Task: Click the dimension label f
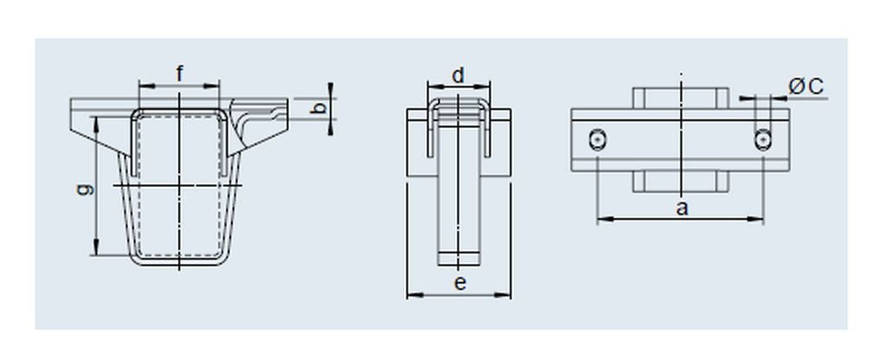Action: pyautogui.click(x=180, y=74)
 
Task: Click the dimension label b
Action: pyautogui.click(x=319, y=108)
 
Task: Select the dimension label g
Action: pyautogui.click(x=86, y=190)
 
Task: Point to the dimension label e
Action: pyautogui.click(x=460, y=284)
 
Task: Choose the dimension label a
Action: pyautogui.click(x=683, y=209)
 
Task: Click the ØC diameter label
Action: pyautogui.click(x=806, y=87)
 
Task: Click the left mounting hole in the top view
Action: pyautogui.click(x=597, y=139)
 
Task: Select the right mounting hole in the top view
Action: pyautogui.click(x=763, y=139)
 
